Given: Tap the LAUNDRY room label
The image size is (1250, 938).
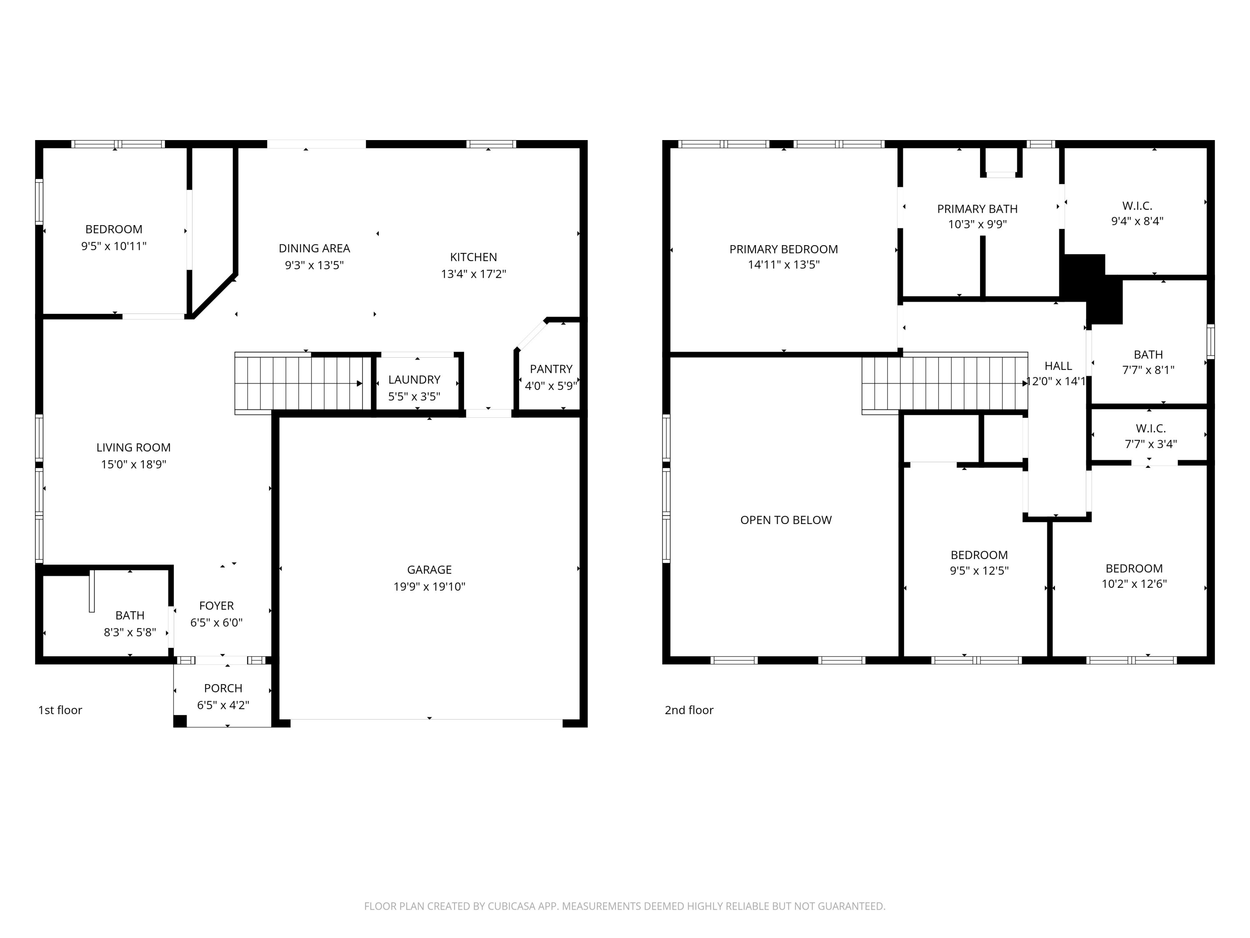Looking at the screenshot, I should pos(414,379).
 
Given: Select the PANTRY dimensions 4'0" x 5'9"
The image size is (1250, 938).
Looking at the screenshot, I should pos(550,386).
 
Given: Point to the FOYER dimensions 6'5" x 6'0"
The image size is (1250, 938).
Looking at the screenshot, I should pos(216,622).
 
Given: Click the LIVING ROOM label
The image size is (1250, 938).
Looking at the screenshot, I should pos(133,447).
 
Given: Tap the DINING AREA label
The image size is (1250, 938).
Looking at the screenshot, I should pos(314,248).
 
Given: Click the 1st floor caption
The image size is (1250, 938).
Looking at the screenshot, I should pos(60,710).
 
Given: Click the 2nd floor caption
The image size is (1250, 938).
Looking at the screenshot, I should pos(688,710).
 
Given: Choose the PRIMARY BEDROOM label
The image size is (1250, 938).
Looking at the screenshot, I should pos(783,249).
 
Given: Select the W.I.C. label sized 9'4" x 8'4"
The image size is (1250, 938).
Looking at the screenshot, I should pos(1137,206).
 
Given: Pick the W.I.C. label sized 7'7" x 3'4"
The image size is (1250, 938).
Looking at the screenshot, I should pos(1150,429).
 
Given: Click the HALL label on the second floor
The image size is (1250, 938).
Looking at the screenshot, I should pos(1058,366).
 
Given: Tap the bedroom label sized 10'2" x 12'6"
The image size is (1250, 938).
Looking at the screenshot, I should pos(1134,569).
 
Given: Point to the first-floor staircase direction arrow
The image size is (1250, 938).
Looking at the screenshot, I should pos(360,384).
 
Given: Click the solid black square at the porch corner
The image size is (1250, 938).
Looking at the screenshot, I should pos(180,721).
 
